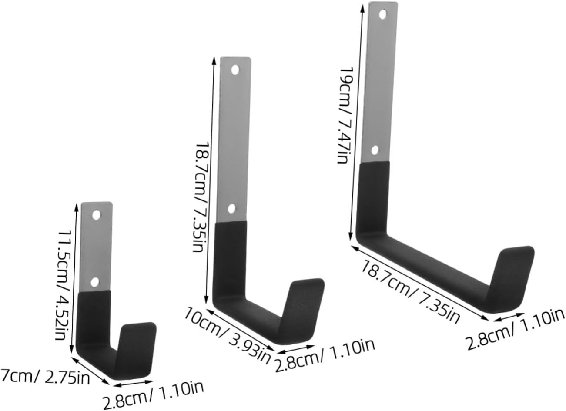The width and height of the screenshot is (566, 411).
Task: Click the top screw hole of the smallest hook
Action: pos(97,214)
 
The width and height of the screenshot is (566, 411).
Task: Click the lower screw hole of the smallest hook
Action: pos(94,282)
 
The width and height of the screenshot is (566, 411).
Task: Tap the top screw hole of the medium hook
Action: pos(235,70)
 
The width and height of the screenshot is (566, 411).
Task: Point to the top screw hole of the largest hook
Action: pos(383,14)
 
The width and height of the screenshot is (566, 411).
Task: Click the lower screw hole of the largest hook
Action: pos(375,150)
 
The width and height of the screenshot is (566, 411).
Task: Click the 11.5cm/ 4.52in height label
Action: pos(62,274)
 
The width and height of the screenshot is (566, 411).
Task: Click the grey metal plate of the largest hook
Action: pos(378,83)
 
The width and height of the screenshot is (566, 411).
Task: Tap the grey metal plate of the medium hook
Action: pos(234,139)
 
